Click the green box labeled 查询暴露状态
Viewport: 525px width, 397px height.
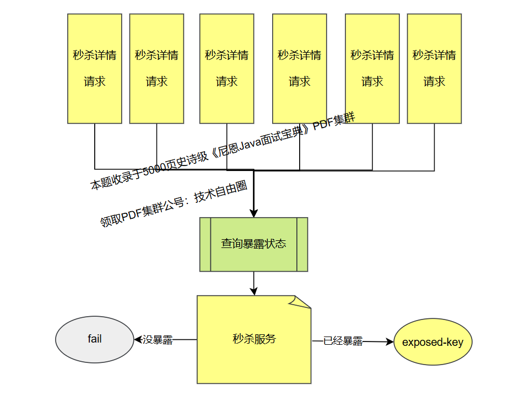(x=253, y=244)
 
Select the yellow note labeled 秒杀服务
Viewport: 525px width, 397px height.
(x=254, y=339)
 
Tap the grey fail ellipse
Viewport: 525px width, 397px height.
(x=95, y=339)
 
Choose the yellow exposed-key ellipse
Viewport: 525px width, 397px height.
(x=432, y=342)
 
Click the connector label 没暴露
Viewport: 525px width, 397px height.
(x=158, y=340)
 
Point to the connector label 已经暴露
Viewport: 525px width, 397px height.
(x=343, y=341)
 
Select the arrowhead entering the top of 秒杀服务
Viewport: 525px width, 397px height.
(x=253, y=291)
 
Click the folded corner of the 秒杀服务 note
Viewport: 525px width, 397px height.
(x=304, y=301)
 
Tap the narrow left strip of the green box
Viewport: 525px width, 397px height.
(x=205, y=244)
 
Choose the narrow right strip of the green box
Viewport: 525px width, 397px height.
(x=302, y=244)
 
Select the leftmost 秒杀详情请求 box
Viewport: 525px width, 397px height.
(x=95, y=68)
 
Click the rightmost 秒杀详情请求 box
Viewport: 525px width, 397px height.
(x=434, y=68)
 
